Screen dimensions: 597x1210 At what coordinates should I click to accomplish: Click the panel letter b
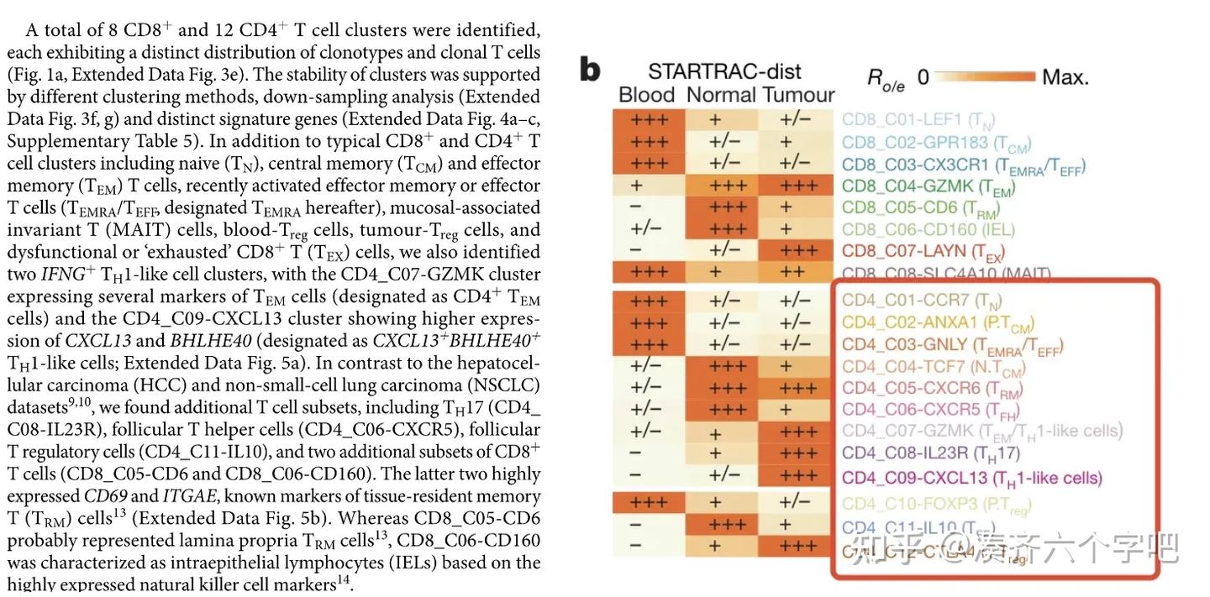(591, 71)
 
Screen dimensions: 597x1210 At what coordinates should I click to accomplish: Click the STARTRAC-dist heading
(724, 71)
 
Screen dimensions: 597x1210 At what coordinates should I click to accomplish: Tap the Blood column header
(647, 95)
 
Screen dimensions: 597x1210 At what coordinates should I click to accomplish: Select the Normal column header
(722, 95)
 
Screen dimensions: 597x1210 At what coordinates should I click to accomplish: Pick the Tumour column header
(798, 95)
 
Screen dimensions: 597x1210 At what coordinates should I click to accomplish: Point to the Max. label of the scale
(1065, 78)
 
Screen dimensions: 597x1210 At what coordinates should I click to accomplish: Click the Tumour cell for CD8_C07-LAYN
(797, 251)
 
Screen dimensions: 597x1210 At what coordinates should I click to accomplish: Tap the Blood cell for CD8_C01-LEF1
(648, 119)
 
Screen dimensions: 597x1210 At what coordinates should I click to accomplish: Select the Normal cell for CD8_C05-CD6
(722, 207)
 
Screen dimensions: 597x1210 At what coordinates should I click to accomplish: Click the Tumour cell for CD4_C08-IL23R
(797, 454)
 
